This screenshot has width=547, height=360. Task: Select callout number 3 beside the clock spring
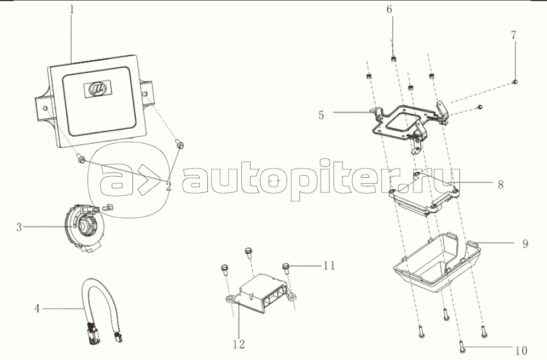coord(19,227)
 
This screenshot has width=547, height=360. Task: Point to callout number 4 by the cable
coord(37,309)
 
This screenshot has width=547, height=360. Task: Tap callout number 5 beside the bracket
coord(321,115)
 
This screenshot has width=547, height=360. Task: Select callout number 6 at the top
coord(389,10)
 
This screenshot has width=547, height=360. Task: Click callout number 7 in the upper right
coord(513,35)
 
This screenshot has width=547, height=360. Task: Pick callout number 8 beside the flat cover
coord(500,185)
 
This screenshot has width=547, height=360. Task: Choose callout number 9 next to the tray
coord(525,243)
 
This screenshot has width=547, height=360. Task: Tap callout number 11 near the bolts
coord(328,266)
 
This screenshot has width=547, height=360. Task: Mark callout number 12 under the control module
coord(238,344)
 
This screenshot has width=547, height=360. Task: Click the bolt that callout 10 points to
coord(462,346)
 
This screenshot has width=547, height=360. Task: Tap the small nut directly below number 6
coord(393,58)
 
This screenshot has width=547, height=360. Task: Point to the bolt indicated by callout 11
coord(286,266)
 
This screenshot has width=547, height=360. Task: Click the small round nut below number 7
coord(515,82)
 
